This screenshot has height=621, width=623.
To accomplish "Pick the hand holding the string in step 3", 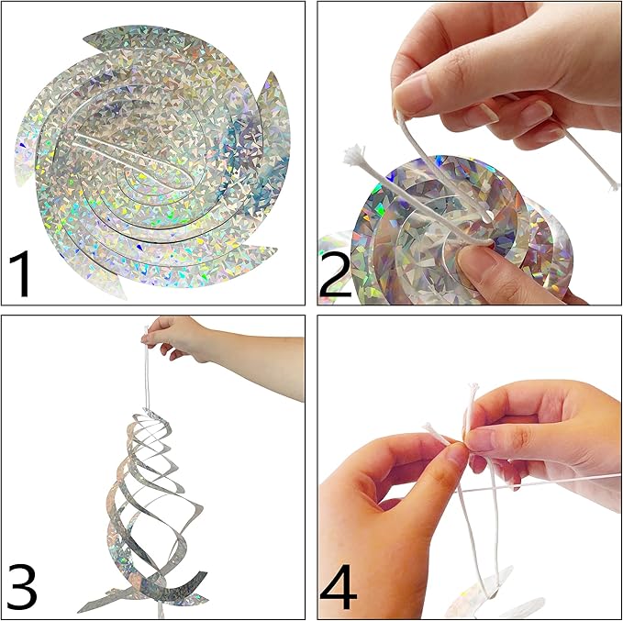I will [x=179, y=339].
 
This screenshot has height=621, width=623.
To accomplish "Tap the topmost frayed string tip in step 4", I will [x=472, y=389].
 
